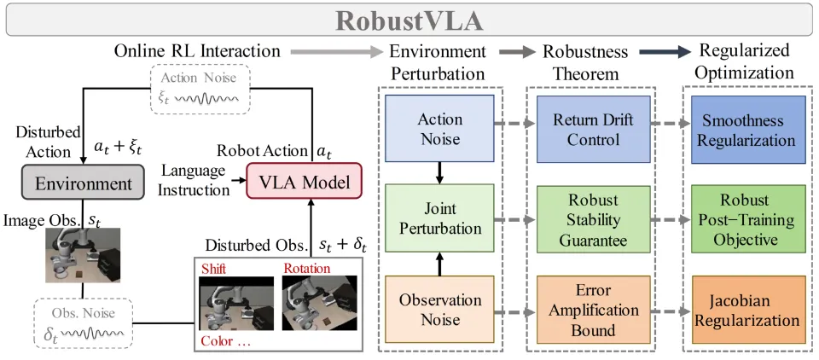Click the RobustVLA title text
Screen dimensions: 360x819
tap(409, 19)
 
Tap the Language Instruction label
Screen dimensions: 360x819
tap(194, 180)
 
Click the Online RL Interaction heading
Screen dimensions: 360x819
tap(198, 51)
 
